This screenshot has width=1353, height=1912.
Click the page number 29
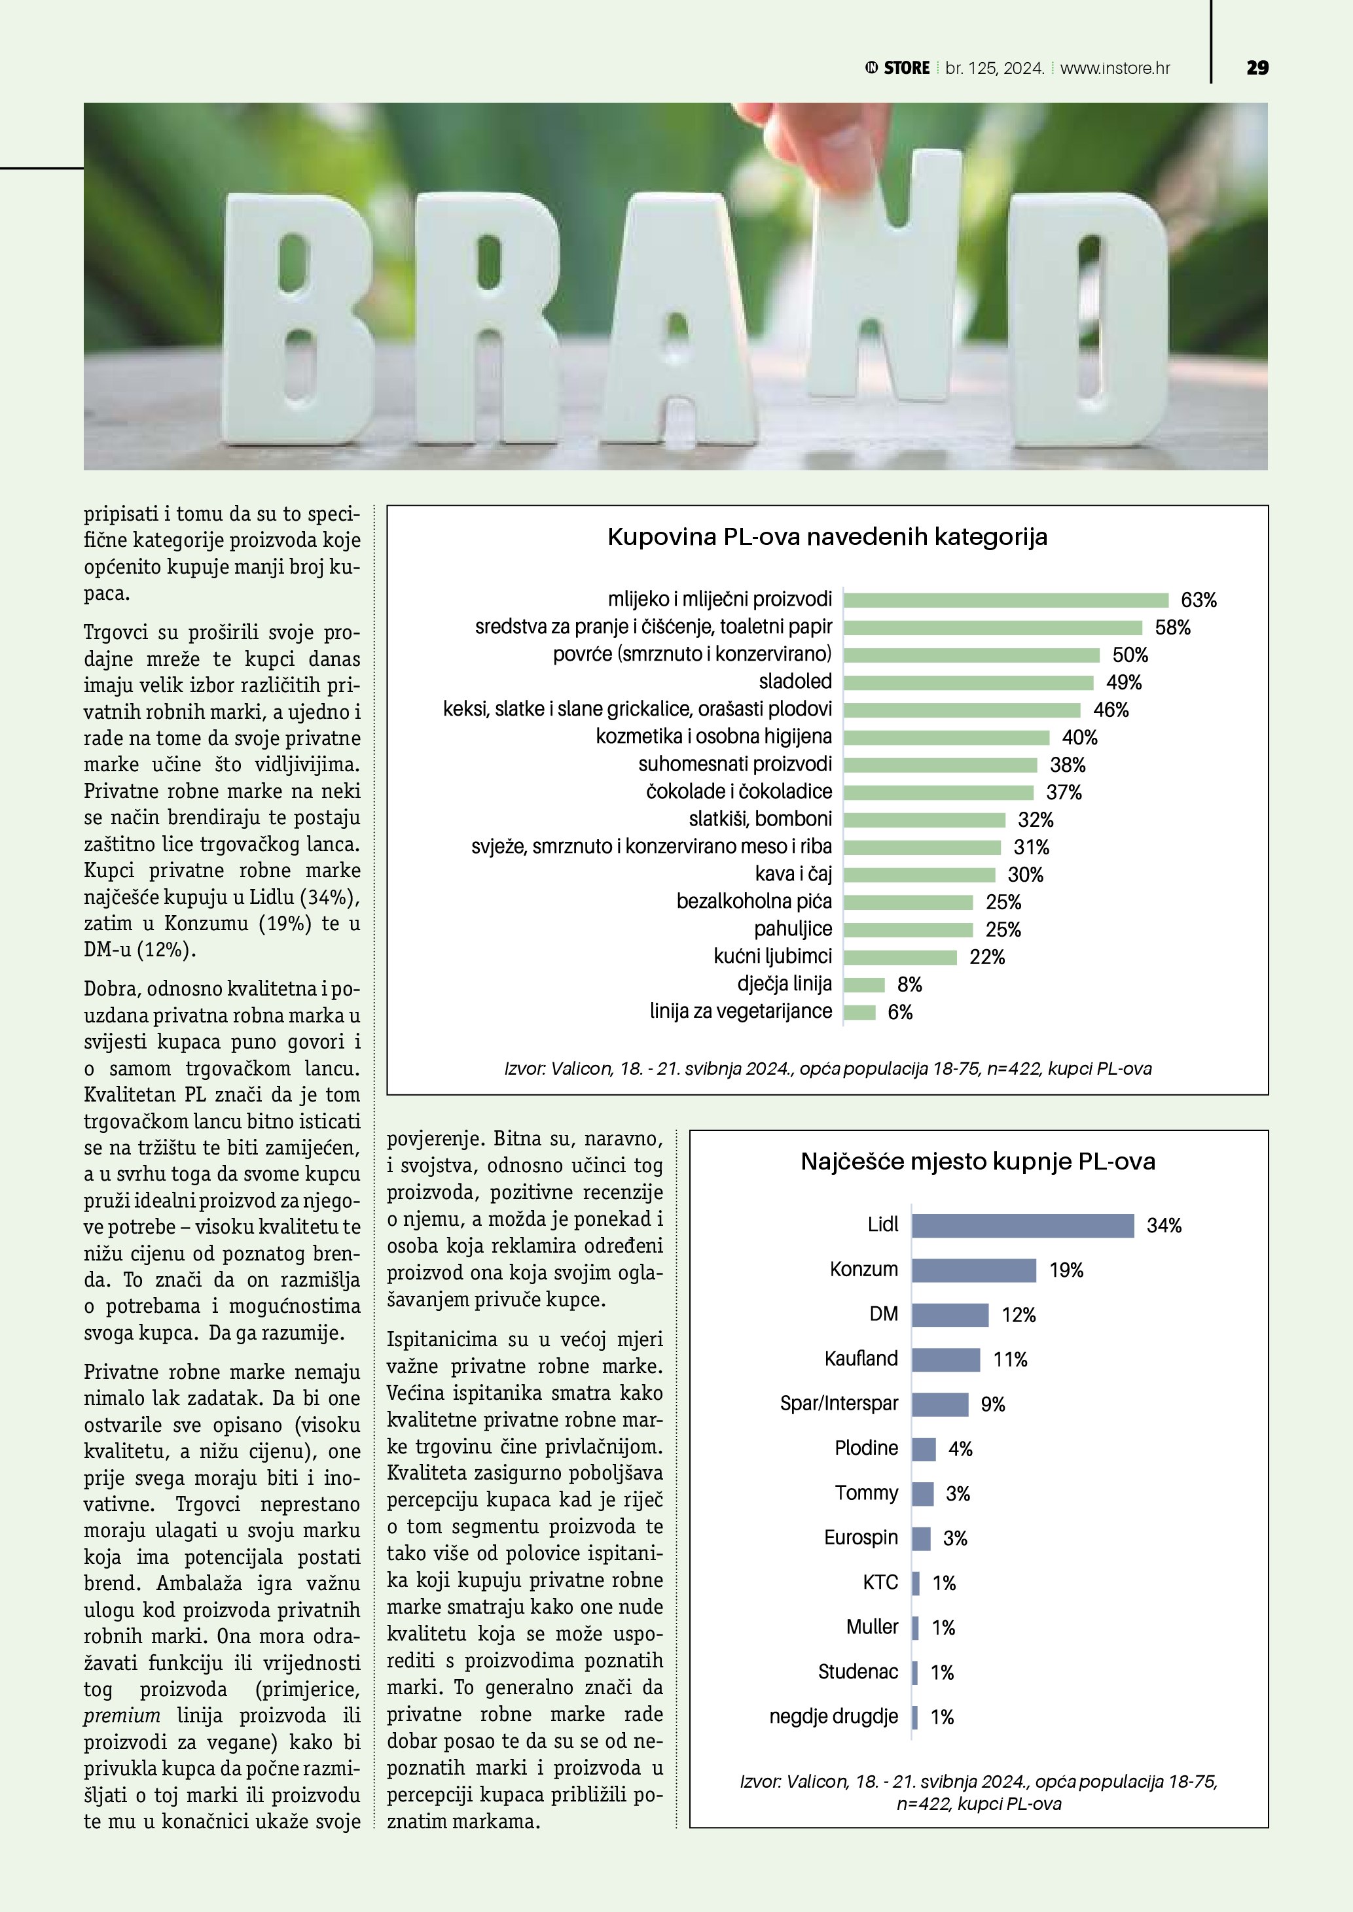[x=1257, y=67]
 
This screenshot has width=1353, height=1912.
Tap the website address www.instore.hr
[x=1115, y=68]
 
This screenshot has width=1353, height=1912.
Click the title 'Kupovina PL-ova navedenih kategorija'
[x=827, y=536]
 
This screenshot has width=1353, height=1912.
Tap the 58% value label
[x=1172, y=628]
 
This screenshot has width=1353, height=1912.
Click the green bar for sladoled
[x=968, y=683]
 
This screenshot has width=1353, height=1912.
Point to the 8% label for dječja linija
[x=909, y=984]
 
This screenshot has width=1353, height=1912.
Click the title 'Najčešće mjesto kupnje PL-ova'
[x=977, y=1161]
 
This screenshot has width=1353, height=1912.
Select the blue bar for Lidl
[x=1022, y=1225]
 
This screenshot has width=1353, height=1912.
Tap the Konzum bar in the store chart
[x=973, y=1270]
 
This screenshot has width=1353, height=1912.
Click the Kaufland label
[x=861, y=1358]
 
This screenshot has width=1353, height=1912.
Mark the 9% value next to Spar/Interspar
[x=992, y=1404]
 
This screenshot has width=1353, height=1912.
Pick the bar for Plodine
[x=923, y=1449]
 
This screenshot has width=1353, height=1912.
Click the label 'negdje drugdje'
[x=833, y=1716]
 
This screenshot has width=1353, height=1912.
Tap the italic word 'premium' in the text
[x=122, y=1716]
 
